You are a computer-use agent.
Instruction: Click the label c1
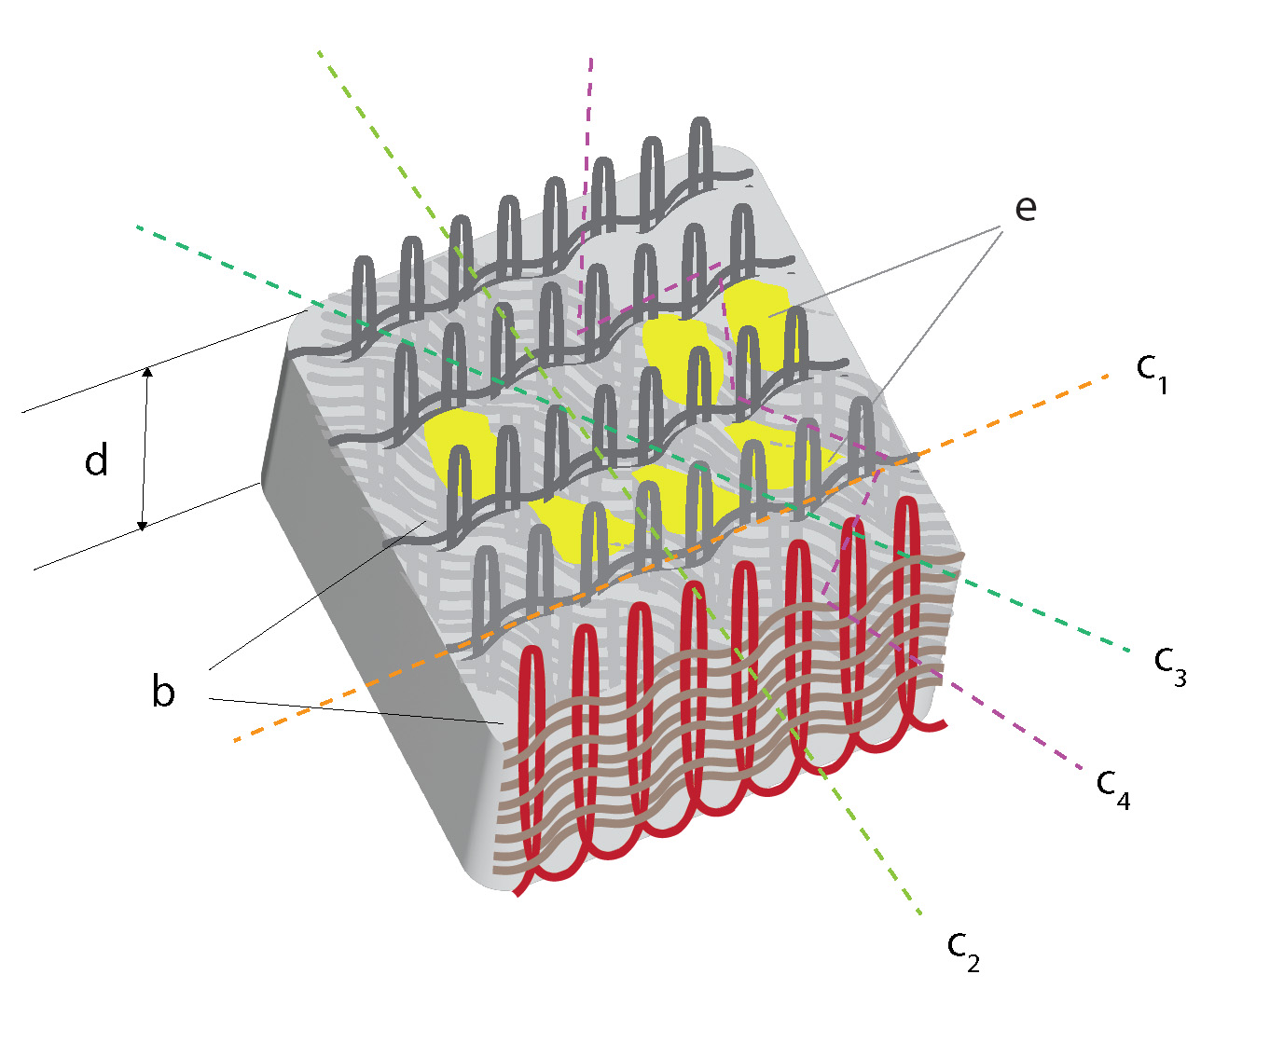pyautogui.click(x=1152, y=372)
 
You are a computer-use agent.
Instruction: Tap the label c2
pyautogui.click(x=963, y=949)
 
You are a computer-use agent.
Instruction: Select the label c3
pyautogui.click(x=1169, y=664)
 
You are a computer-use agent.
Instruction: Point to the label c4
pyautogui.click(x=1113, y=788)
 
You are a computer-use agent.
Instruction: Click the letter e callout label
pyautogui.click(x=1025, y=208)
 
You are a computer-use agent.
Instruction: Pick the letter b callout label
pyautogui.click(x=163, y=692)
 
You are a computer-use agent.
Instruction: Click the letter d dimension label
pyautogui.click(x=96, y=461)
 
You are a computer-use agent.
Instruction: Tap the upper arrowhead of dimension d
pyautogui.click(x=145, y=373)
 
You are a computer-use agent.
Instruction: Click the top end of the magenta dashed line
pyautogui.click(x=590, y=59)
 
